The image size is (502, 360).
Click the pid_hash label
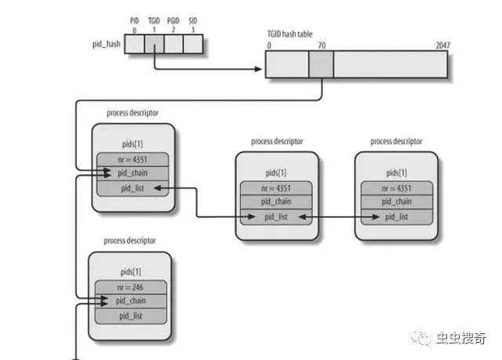pos(107,44)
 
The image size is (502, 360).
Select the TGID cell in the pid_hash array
pos(155,44)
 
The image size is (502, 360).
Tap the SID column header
pos(193,21)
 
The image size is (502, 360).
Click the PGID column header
pos(173,21)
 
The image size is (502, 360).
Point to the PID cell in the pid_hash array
pos(134,44)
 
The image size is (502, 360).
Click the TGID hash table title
pos(289,34)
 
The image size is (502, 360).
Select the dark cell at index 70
pos(321,64)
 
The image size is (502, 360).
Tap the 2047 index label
pos(442,45)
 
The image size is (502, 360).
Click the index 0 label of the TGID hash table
pos(269,45)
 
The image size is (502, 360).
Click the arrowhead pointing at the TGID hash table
pos(258,69)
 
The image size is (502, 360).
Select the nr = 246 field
pos(131,287)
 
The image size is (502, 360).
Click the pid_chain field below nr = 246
pos(131,301)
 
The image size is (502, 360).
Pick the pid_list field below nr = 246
pos(131,316)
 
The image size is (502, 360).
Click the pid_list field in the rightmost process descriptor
pos(397,217)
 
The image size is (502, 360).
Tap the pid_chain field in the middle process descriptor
pos(276,202)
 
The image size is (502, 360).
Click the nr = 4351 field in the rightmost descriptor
pos(397,188)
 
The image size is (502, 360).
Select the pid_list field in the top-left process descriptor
pos(133,188)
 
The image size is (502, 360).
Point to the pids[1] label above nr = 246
pos(131,272)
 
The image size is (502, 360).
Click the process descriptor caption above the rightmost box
pos(396,141)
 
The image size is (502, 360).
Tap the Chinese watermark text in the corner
pos(461,338)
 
